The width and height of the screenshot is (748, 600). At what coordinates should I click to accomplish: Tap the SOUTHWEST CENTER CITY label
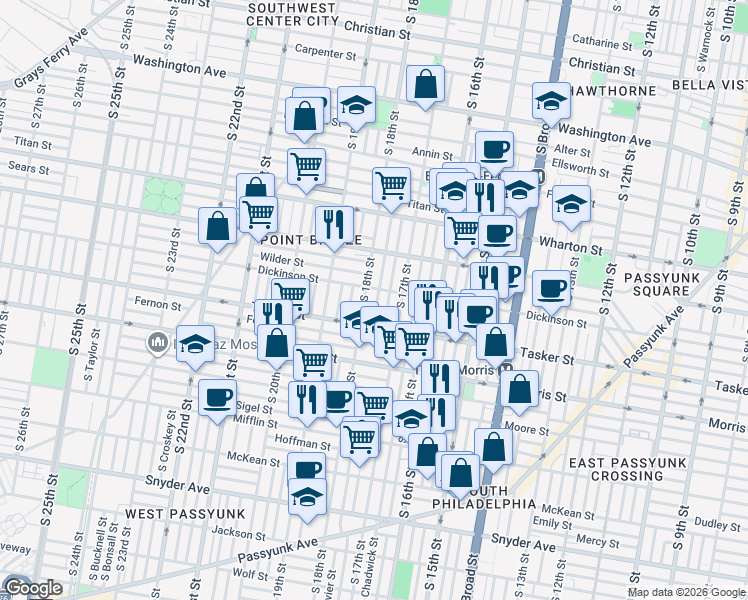click(293, 13)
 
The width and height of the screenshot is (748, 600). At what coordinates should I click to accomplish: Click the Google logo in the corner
click(33, 588)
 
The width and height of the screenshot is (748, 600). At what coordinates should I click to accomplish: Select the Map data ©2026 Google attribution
click(686, 592)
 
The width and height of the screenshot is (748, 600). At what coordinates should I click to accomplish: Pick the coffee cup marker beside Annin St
click(494, 150)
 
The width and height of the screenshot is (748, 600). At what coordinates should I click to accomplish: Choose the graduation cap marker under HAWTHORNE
click(551, 100)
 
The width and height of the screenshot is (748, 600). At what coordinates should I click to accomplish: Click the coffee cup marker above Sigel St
click(216, 399)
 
